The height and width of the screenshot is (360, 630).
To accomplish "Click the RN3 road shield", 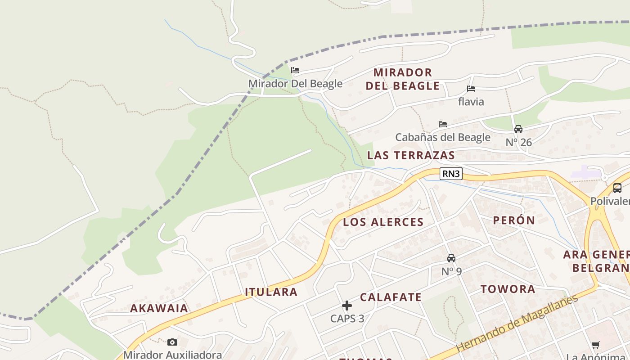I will (x=451, y=174).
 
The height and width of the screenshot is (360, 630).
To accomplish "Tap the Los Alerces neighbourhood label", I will (x=383, y=222).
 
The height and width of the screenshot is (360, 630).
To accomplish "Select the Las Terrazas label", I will (x=411, y=155).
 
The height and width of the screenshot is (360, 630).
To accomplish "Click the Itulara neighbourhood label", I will (x=271, y=292).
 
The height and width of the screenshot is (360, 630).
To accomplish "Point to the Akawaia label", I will (x=159, y=308).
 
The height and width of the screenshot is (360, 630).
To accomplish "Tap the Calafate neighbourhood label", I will (x=391, y=297).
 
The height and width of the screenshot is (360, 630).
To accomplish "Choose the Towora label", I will (x=508, y=289).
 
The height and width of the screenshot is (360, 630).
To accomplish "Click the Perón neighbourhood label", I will (x=513, y=220).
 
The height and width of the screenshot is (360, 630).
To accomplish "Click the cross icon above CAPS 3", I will (x=347, y=306).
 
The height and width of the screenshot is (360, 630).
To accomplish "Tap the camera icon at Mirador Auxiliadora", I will (x=172, y=342).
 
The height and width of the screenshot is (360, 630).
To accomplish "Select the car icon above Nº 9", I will (x=451, y=258).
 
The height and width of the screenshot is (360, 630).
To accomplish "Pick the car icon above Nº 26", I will (x=518, y=129).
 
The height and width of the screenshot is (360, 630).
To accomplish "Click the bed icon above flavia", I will (x=471, y=89).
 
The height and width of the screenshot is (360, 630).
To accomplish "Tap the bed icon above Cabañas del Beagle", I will (x=443, y=124).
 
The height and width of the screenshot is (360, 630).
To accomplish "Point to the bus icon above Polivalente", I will (x=617, y=188).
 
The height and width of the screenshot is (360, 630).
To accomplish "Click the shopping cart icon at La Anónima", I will (x=596, y=345).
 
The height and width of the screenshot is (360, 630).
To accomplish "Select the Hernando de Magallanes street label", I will (x=517, y=324).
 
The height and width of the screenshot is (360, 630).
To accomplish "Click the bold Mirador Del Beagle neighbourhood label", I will (x=402, y=79).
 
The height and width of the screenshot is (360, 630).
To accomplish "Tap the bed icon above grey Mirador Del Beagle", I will (x=295, y=70).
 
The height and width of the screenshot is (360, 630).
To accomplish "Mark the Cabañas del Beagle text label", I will (x=442, y=137).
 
